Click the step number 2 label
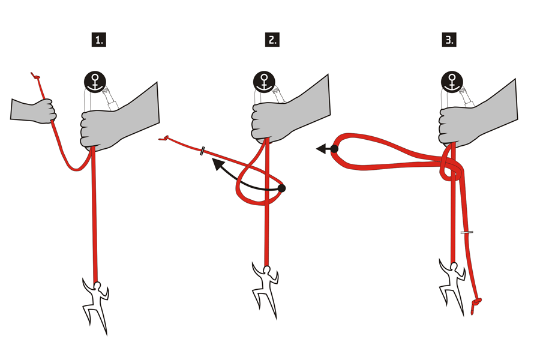[x=272, y=40]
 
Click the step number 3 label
[x=449, y=40]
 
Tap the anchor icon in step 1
[x=94, y=82]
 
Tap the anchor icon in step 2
[x=265, y=82]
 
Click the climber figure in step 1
[x=96, y=303]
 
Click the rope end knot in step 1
[x=36, y=77]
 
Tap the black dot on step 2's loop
[x=282, y=188]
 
